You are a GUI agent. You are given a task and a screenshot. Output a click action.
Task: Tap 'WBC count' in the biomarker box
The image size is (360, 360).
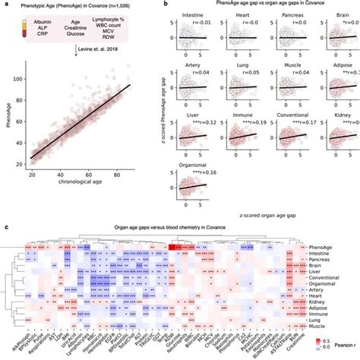[127, 29]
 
